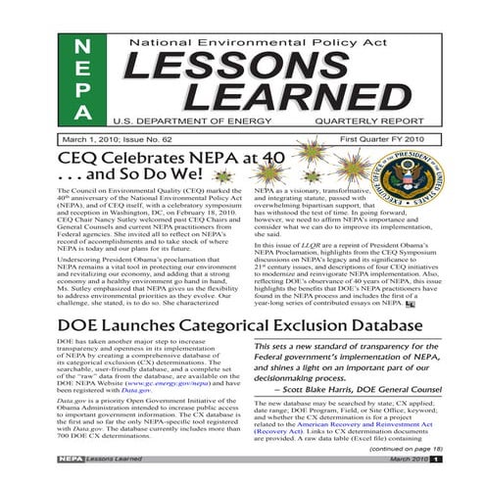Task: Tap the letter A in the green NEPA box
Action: tap(87, 120)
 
